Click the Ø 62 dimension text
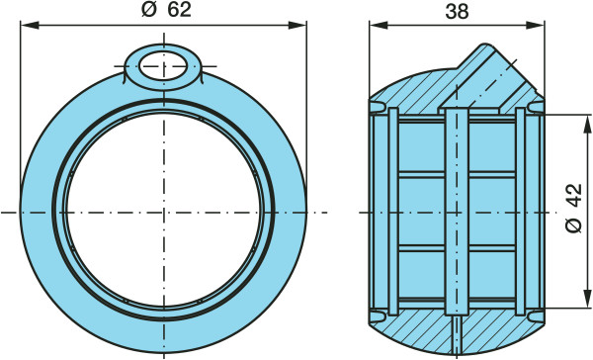point(166,10)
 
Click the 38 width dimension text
point(457,12)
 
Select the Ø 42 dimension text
point(573,208)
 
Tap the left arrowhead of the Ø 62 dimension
point(30,26)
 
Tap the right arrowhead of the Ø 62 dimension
point(297,26)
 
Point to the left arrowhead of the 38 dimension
point(379,26)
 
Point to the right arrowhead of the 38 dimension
point(536,26)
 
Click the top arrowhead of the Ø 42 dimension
point(587,124)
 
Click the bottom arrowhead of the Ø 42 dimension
point(587,299)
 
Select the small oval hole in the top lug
point(163,66)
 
